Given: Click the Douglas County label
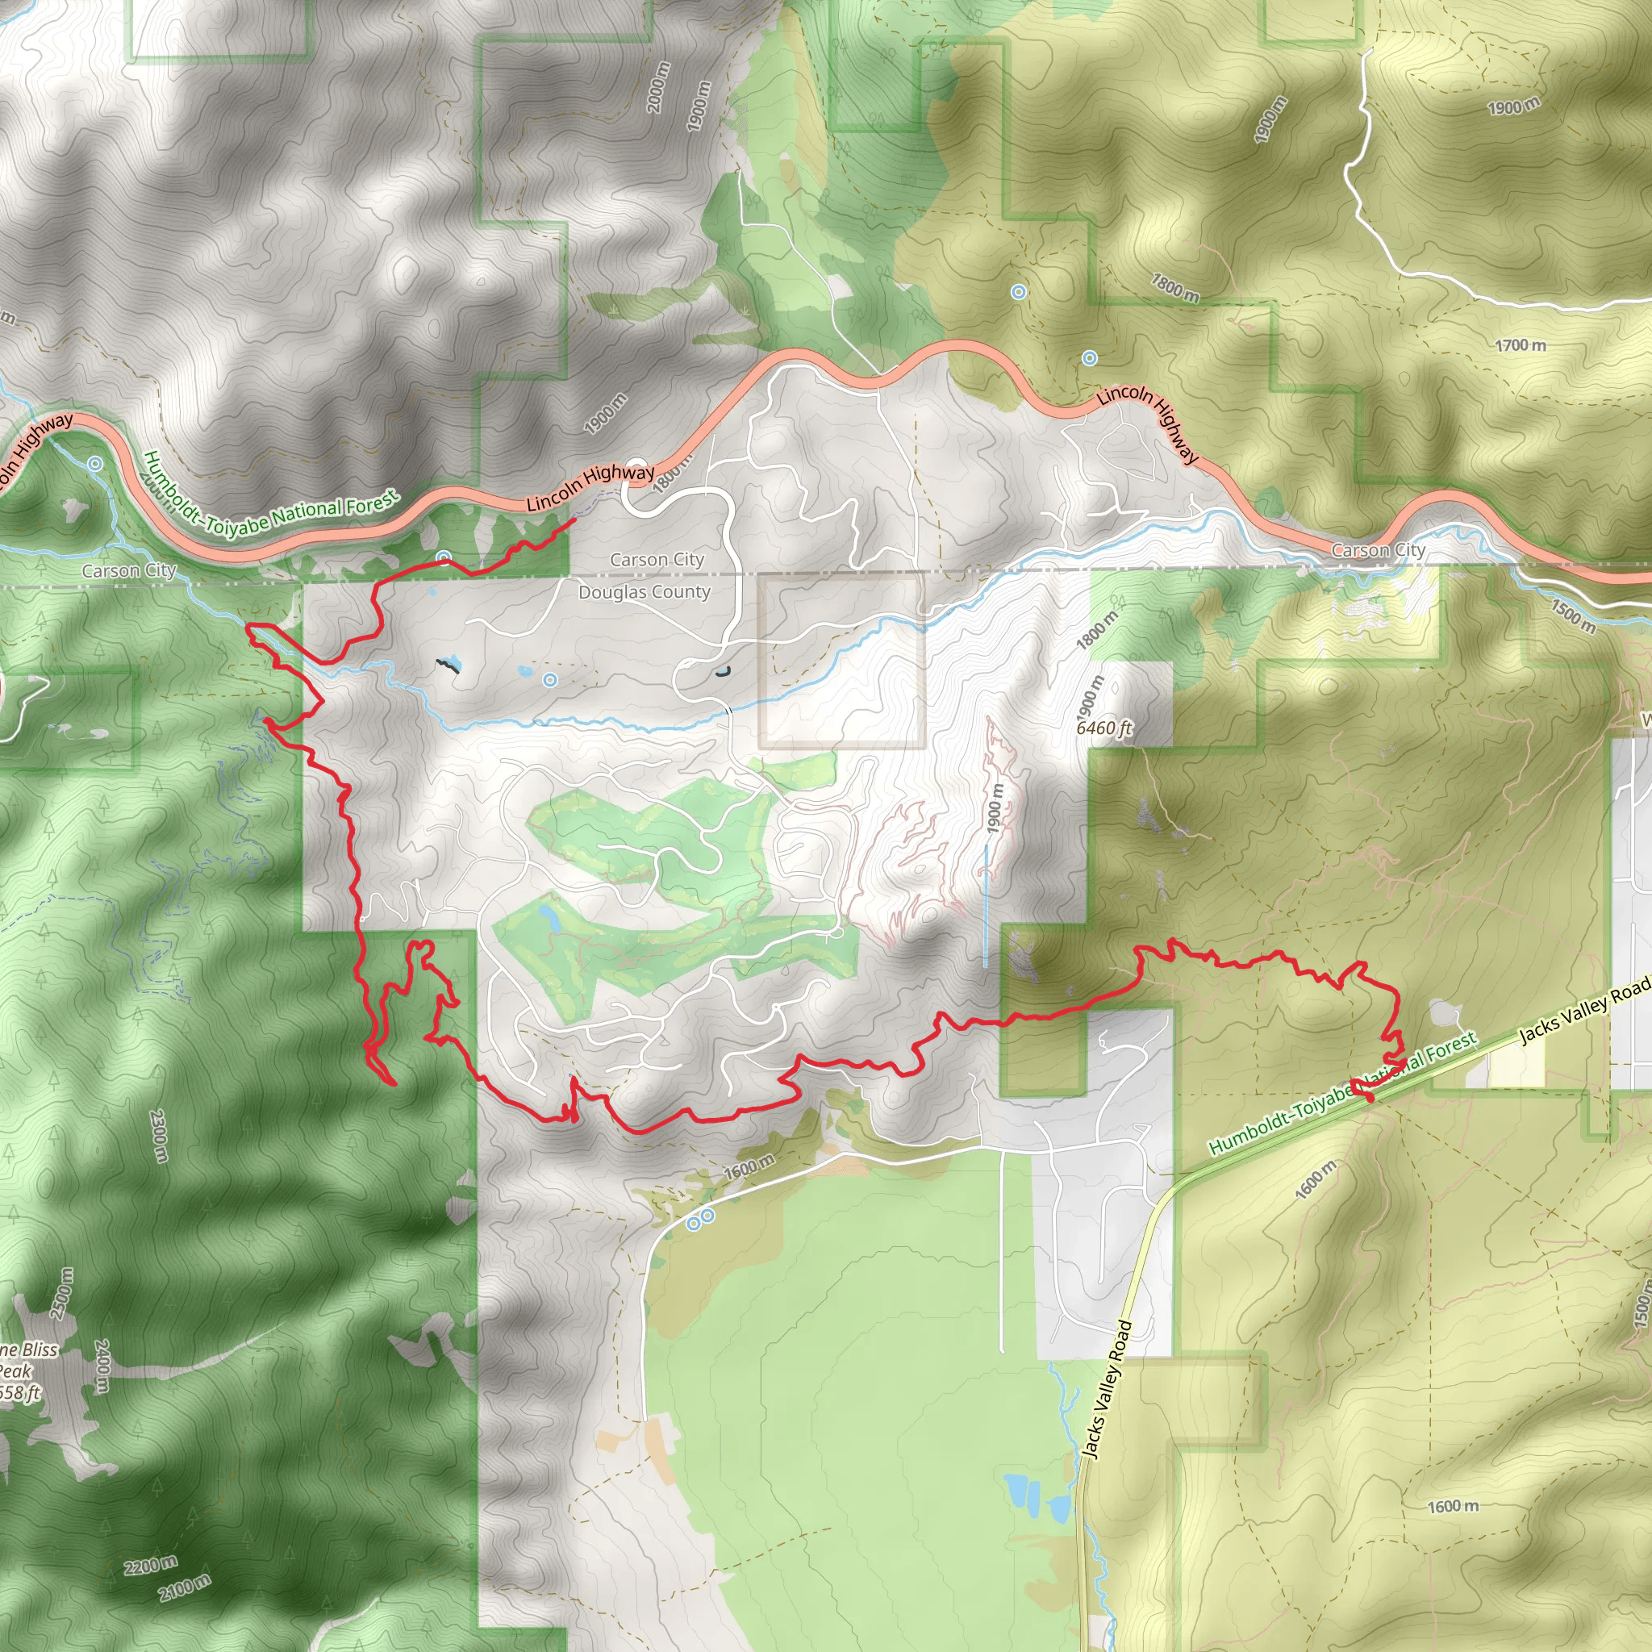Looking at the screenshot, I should pos(644,592).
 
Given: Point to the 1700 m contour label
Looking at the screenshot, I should pos(1521,345).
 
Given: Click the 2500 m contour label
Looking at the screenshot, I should pos(61,1293).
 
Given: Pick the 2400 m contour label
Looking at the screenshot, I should pos(102,1366).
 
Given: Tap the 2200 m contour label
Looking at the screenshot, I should pos(151,1566).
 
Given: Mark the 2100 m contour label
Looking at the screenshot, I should pos(184,1587).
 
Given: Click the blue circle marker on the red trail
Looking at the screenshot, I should pos(443,558).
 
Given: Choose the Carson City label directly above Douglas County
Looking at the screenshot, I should pos(657,560).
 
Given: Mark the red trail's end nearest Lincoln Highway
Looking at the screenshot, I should pos(573,519).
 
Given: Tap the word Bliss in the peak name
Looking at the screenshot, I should pos(40,1350).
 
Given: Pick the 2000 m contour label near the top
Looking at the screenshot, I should pos(657,87).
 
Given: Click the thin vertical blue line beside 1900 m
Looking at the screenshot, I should pos(986,907).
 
